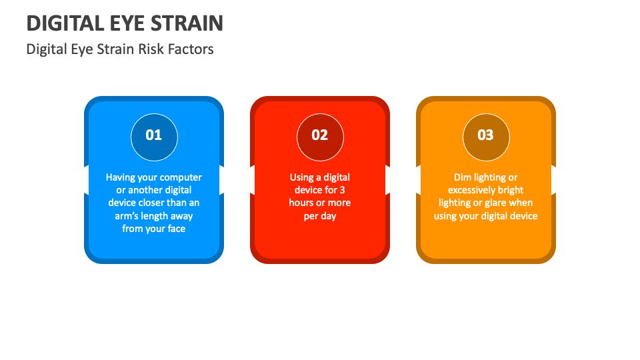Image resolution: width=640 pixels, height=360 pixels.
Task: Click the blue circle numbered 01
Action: (154, 137)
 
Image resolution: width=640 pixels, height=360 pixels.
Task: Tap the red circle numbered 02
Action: (320, 137)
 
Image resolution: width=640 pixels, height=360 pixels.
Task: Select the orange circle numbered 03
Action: (486, 137)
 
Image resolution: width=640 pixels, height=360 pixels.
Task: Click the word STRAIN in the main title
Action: (187, 23)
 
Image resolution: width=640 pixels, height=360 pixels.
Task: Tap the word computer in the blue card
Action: (181, 177)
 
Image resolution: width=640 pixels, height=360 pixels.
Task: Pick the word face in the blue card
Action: (176, 229)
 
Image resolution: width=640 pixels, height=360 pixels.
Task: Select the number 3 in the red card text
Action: (343, 190)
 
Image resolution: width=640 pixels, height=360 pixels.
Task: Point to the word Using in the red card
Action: (301, 177)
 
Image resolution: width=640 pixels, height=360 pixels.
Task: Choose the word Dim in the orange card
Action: (463, 177)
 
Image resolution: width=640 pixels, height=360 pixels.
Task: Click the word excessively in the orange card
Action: (473, 190)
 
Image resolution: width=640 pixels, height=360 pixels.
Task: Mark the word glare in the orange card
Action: (495, 203)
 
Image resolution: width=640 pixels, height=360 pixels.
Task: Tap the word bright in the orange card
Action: (512, 190)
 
